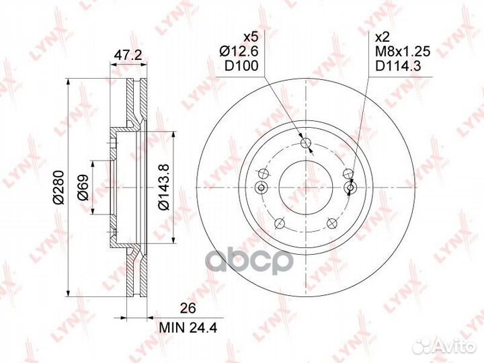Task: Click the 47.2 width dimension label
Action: [x=128, y=55]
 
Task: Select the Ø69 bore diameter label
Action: [x=83, y=187]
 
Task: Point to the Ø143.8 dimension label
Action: [x=163, y=187]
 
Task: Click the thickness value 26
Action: [x=188, y=309]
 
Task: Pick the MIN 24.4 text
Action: [x=188, y=328]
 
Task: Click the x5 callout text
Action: [x=250, y=38]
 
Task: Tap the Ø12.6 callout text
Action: [x=239, y=52]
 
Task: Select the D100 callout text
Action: [x=241, y=66]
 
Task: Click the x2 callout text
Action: [x=382, y=38]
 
